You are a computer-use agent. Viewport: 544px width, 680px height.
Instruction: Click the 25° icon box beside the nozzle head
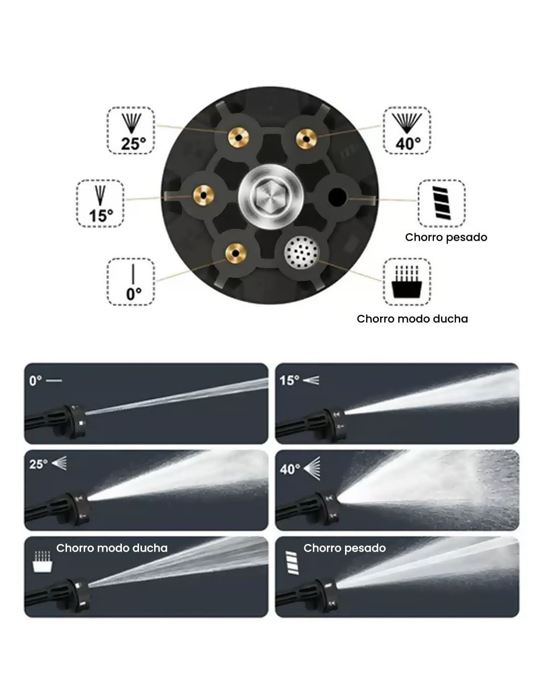tap(130, 130)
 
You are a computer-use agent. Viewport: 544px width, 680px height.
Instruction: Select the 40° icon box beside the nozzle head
tap(407, 130)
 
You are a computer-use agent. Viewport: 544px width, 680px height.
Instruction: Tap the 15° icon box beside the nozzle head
tap(100, 203)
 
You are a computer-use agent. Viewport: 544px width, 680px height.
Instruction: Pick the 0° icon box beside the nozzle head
tap(130, 282)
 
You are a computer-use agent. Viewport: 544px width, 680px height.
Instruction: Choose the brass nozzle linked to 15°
tap(202, 193)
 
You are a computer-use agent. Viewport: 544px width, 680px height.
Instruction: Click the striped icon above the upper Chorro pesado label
tap(441, 202)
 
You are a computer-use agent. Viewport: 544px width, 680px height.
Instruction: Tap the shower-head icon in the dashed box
tap(407, 282)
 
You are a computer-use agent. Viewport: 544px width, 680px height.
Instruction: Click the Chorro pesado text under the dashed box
tap(446, 237)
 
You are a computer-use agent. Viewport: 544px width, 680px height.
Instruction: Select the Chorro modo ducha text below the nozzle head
tap(412, 319)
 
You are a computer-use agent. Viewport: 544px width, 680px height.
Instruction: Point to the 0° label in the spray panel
tap(36, 380)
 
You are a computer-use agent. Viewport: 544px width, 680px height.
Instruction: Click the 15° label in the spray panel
tap(290, 380)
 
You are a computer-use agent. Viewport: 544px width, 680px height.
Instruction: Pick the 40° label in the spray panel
tap(290, 469)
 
